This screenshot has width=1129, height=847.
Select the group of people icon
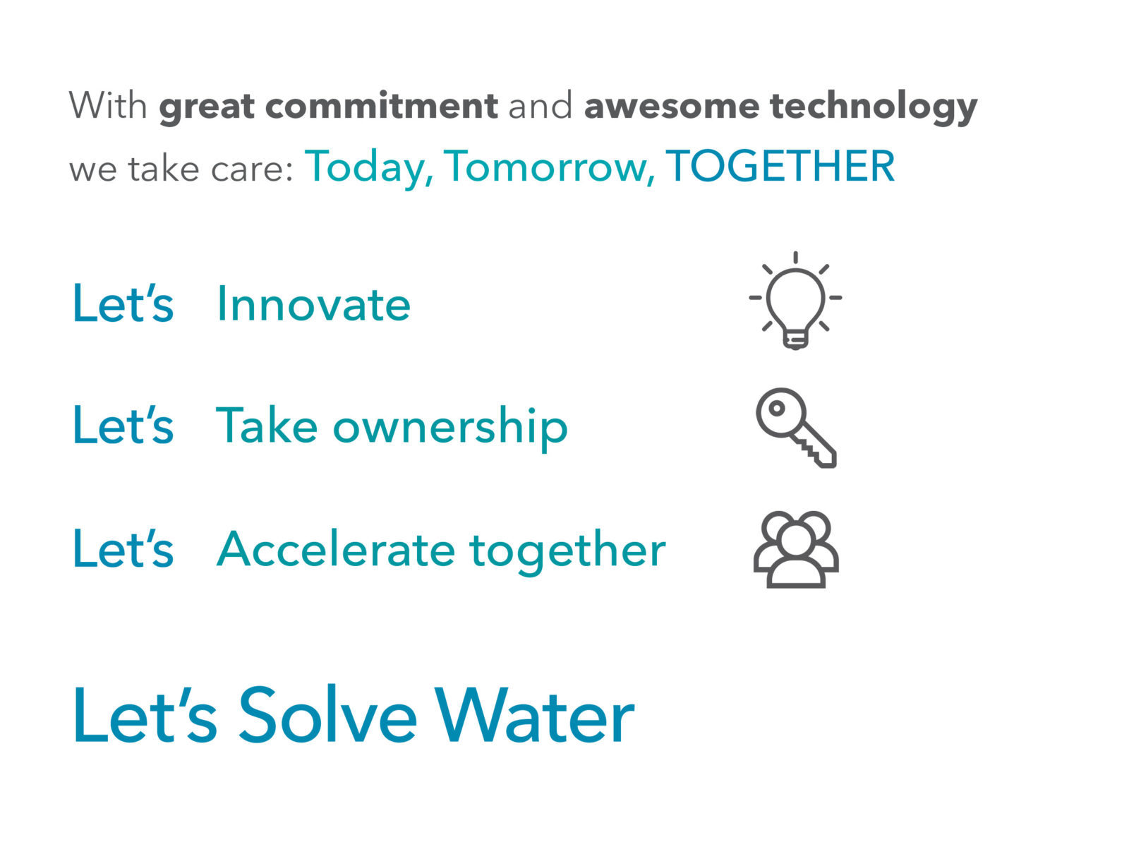coord(796,549)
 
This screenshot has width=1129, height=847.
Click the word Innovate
coord(314,304)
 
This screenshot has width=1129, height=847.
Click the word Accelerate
coord(336,548)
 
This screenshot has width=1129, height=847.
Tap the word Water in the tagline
coord(534,715)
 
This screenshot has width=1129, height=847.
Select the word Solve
coord(327,714)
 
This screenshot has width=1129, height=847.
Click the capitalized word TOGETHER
coord(780,166)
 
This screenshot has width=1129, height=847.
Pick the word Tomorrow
coord(549,168)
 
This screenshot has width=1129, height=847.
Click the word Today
coord(369,168)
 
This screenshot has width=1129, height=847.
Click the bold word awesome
coord(671,107)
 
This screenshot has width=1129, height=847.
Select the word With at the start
coord(108,105)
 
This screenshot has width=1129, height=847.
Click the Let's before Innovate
coord(123,304)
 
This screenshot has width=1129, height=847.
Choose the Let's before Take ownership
coord(123,425)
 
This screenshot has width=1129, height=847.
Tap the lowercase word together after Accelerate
coord(567,552)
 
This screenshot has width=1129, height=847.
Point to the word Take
coord(267,425)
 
